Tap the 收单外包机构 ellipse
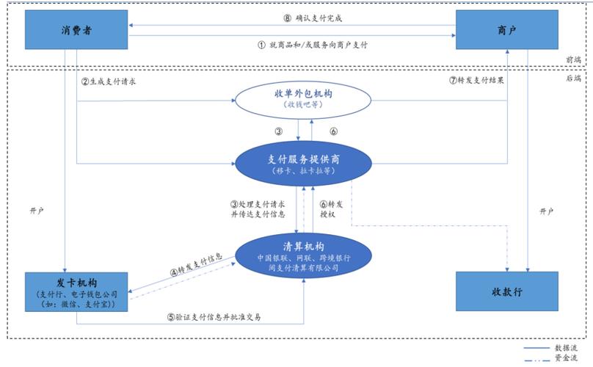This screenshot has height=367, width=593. click(x=298, y=100)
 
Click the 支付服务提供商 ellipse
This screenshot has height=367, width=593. click(x=298, y=164)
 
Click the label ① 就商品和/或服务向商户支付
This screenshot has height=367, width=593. click(x=312, y=44)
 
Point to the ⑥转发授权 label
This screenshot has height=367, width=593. click(x=332, y=209)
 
